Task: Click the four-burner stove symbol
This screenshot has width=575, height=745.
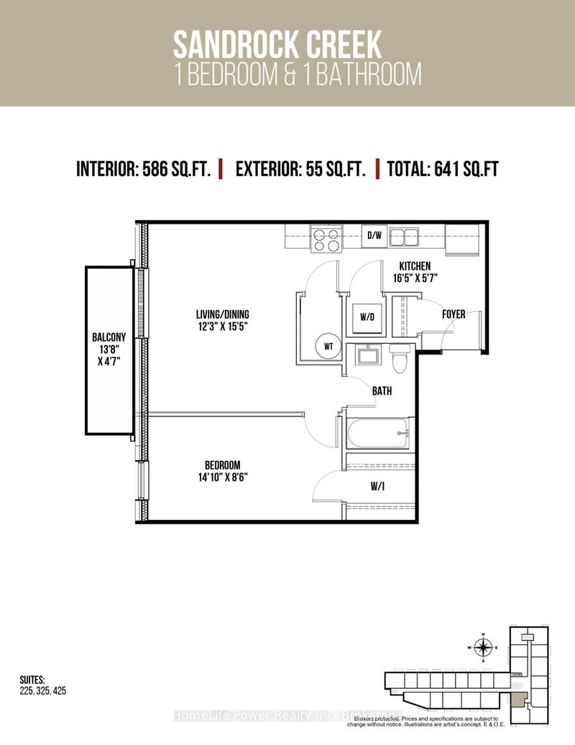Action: click(326, 239)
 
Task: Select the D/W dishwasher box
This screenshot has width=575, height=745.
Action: click(374, 235)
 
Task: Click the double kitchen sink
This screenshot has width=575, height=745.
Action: click(408, 237)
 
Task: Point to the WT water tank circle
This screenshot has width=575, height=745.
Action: click(328, 347)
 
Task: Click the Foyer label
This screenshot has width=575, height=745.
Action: click(454, 314)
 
